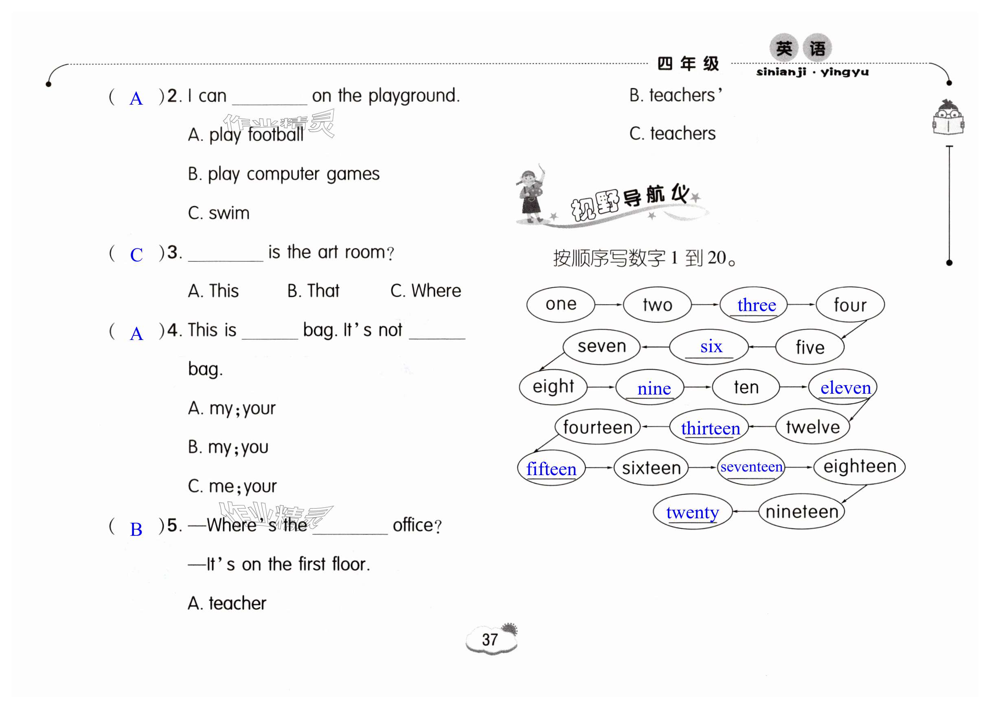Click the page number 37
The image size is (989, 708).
[489, 639]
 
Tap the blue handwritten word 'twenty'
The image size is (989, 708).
[692, 512]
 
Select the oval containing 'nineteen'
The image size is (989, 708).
[802, 511]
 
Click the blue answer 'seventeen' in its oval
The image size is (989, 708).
[751, 467]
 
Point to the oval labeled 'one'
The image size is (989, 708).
[561, 304]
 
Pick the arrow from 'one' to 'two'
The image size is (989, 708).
[609, 304]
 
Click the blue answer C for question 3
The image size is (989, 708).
[136, 255]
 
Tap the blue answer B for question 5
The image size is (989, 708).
[136, 529]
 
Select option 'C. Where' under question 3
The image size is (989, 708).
[425, 291]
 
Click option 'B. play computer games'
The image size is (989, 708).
[284, 174]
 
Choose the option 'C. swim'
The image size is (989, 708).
[219, 213]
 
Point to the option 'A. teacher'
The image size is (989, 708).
[227, 603]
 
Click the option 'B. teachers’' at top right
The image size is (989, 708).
[675, 95]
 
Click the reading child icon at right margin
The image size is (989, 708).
[948, 118]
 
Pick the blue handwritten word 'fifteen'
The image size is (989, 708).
[551, 469]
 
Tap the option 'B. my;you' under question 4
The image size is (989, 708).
[228, 447]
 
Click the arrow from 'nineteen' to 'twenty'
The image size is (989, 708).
[745, 511]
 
